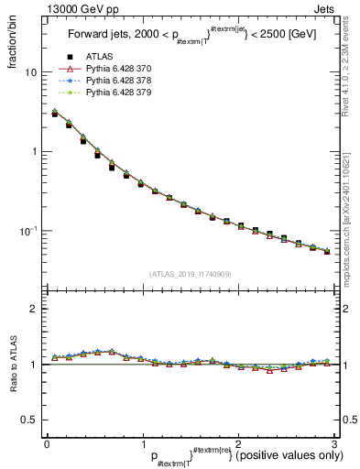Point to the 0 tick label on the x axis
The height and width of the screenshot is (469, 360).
(x=47, y=442)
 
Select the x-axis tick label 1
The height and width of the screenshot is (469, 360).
(x=142, y=442)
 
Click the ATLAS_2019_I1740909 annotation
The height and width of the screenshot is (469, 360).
(x=191, y=274)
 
